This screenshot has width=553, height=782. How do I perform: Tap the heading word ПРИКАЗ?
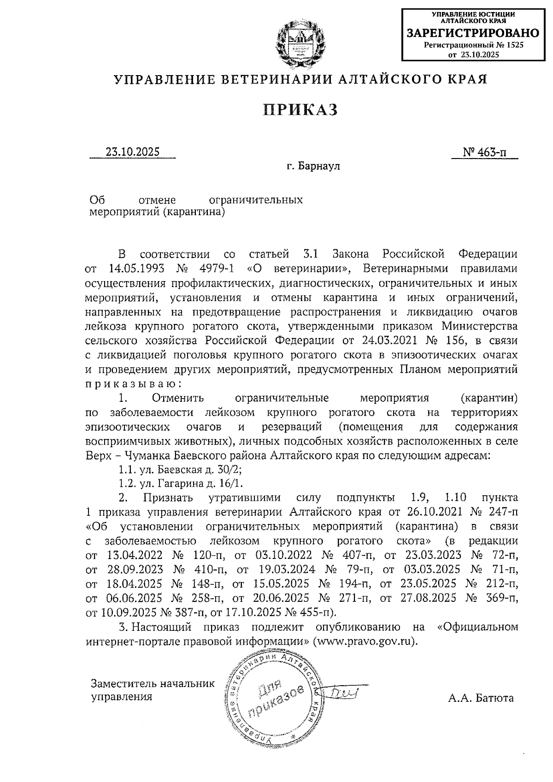(x=300, y=110)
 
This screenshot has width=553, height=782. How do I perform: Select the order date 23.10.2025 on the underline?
(x=132, y=152)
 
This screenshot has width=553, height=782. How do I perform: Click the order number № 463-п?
(x=484, y=152)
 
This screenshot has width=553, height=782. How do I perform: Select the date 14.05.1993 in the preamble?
(x=136, y=268)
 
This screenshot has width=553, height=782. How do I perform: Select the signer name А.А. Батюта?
(x=481, y=698)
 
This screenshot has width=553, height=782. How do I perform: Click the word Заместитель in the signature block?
(x=120, y=683)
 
